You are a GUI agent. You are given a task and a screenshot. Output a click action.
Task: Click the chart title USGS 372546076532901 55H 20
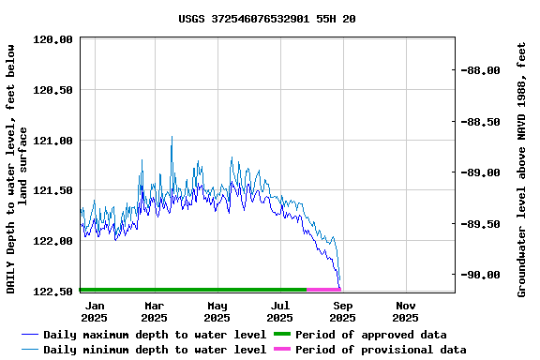[267, 19]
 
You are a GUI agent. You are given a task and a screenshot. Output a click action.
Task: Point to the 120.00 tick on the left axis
[53, 40]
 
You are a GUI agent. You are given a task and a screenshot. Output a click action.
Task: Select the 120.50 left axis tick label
[53, 90]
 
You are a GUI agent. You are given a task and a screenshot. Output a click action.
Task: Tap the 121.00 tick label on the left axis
[53, 141]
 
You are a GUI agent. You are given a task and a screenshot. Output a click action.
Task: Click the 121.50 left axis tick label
[53, 190]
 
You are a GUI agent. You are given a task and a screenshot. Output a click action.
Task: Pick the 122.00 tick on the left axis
[53, 241]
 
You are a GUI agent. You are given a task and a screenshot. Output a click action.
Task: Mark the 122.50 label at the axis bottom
[53, 292]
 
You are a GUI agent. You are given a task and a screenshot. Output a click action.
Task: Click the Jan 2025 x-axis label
[95, 311]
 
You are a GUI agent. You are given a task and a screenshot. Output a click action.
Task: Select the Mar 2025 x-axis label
[155, 311]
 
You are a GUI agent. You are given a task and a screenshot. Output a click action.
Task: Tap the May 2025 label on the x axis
[217, 311]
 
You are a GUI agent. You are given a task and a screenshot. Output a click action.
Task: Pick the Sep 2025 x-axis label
[343, 311]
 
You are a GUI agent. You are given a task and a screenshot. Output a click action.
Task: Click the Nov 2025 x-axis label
[406, 311]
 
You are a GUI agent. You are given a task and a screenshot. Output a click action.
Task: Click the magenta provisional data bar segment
[323, 290]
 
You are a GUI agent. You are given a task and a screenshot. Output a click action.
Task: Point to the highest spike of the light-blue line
[172, 137]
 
